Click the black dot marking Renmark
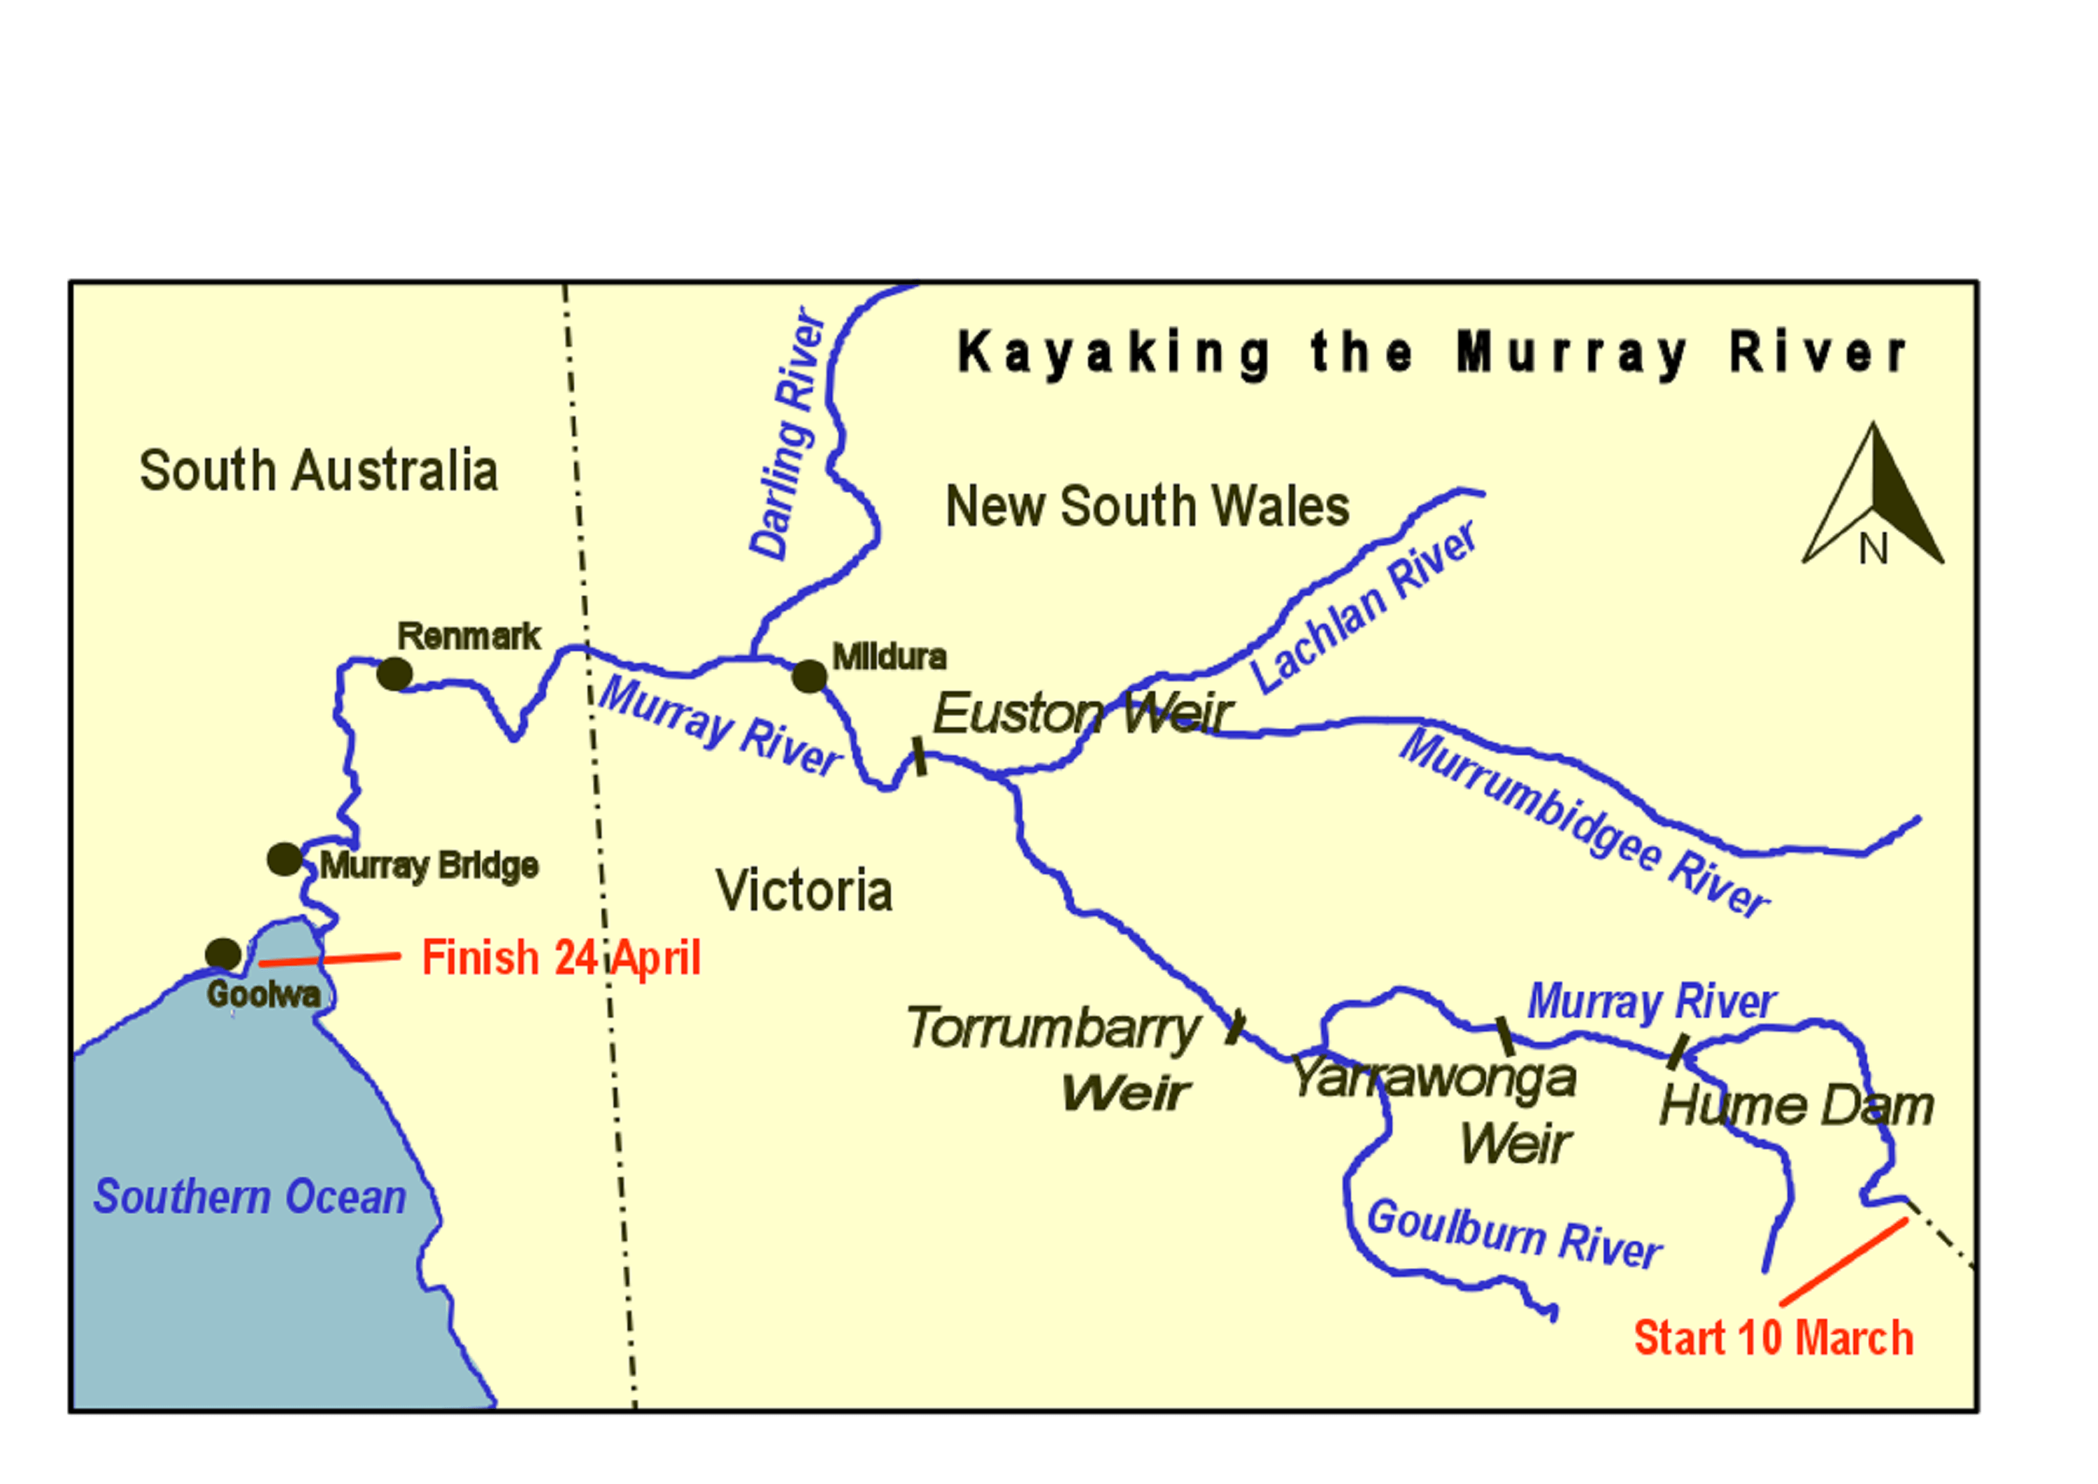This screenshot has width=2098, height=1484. (394, 674)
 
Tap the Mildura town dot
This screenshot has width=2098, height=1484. (808, 676)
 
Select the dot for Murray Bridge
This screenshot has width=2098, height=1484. (284, 859)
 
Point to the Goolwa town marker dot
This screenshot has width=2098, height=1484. (223, 954)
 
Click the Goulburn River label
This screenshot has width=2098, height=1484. (1513, 1234)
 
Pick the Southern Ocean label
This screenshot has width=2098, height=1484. (250, 1197)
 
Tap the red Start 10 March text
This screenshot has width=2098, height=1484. (1773, 1339)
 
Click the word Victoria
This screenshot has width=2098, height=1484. (804, 891)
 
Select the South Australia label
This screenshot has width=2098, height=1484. (318, 471)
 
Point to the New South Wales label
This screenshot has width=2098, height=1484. (1147, 506)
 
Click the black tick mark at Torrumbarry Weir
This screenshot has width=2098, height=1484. (1234, 1026)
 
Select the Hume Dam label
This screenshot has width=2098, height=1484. (1797, 1106)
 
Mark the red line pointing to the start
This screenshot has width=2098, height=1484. (1843, 1261)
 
